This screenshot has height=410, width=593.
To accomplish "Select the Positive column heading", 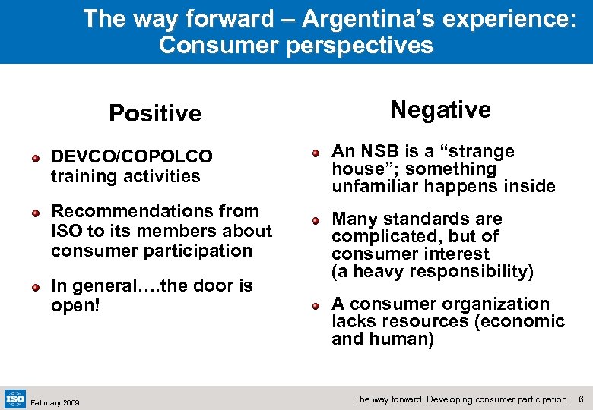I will tap(155, 114).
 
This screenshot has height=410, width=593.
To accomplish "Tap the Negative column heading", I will tap(441, 110).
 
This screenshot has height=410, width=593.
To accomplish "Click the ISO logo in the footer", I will tap(14, 398).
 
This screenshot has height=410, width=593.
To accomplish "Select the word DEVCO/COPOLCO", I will tap(132, 156).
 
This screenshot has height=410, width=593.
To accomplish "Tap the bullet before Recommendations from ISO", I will tap(35, 213).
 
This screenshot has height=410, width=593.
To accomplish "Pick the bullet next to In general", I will tap(35, 287).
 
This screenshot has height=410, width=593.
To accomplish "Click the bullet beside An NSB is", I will tap(316, 153).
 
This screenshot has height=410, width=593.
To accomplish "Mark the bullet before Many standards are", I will tap(316, 220).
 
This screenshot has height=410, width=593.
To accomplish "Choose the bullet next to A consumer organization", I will tap(316, 305).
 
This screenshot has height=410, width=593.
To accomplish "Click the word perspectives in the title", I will tap(360, 46).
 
